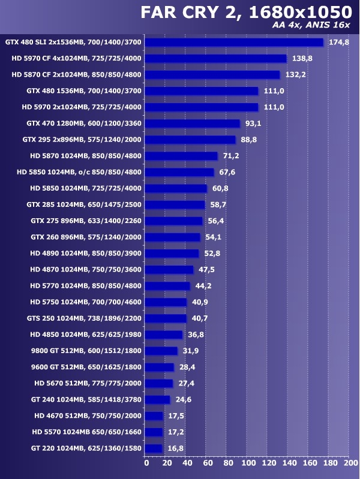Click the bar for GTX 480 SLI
(234, 43)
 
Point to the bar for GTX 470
(193, 123)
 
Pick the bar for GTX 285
(175, 204)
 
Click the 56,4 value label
(216, 221)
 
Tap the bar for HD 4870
(170, 270)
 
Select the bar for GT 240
(158, 399)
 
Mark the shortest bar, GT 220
(154, 448)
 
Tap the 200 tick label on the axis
(349, 462)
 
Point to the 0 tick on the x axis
(146, 462)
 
